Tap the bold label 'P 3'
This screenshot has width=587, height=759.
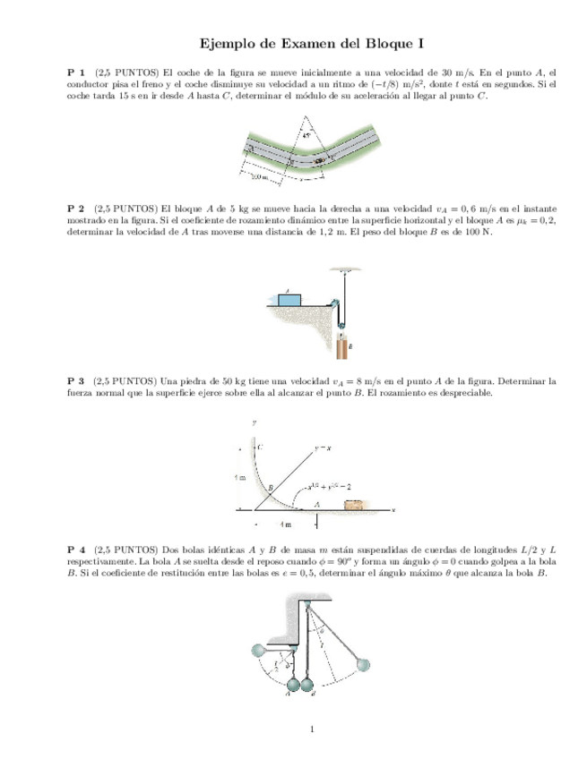(x=76, y=380)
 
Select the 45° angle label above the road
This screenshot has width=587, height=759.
(x=307, y=136)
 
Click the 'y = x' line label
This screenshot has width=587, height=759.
(x=324, y=445)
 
